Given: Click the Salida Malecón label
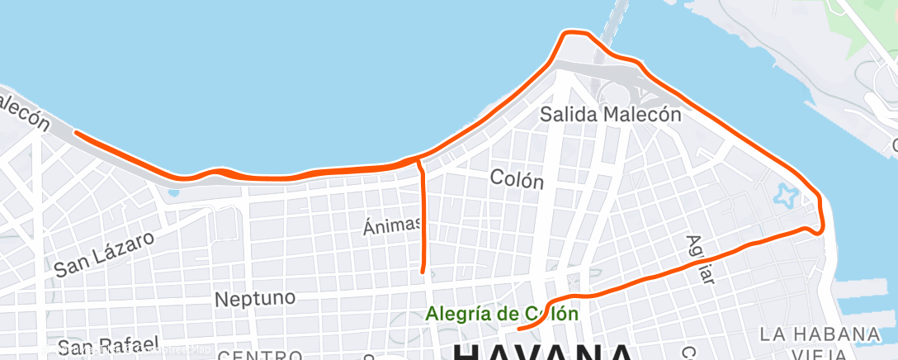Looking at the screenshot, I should pos(610,114).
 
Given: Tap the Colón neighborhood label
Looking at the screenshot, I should pos(517,178).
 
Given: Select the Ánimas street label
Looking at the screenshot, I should pos(393,224).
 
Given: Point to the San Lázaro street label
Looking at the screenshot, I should pos(104,253).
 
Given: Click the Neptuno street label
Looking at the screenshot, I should pos(254,298).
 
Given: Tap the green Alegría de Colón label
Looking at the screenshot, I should pos(502,314).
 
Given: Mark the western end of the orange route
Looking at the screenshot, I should pos(76,132).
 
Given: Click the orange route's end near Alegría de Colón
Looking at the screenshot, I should pos(518,329).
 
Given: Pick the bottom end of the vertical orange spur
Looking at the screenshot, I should pos(423,271).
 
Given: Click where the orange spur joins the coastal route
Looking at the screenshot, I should pos(419,158).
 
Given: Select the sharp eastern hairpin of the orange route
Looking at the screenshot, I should pos(820,229).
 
